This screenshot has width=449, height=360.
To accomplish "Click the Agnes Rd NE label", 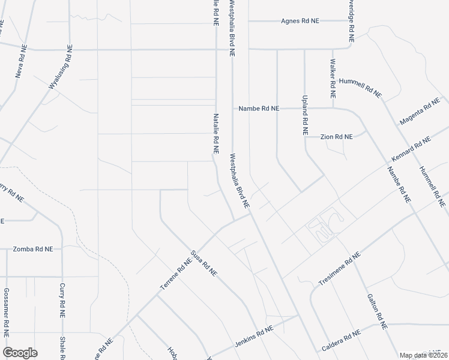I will tap(300, 21).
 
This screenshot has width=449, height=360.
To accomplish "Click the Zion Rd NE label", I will tap(336, 137).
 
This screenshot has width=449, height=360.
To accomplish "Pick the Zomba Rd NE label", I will tap(33, 248).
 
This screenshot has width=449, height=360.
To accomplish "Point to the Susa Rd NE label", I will tap(203, 262).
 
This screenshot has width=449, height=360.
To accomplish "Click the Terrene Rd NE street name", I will tap(175, 275).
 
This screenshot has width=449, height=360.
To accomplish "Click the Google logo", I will tap(20, 353).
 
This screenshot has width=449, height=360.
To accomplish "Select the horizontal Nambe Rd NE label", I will tap(259, 109).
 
